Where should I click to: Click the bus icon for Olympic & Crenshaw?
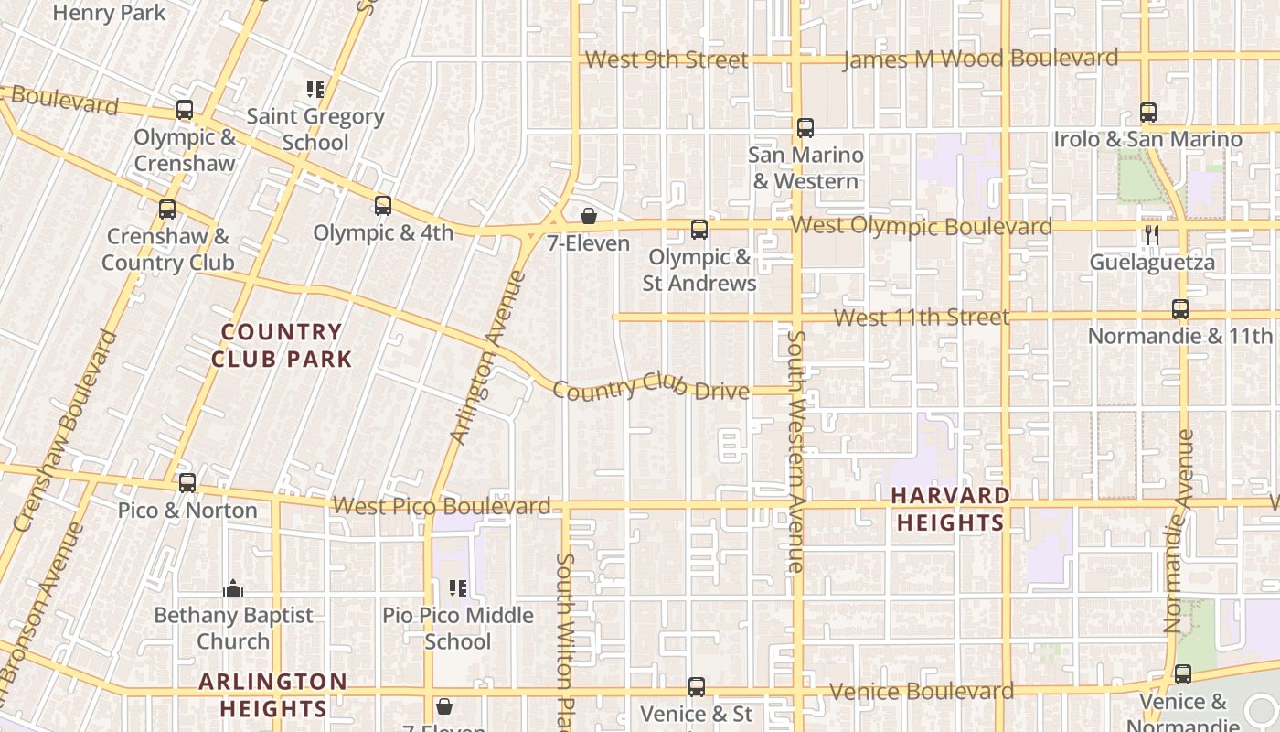185,111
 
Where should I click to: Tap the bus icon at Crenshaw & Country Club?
167,210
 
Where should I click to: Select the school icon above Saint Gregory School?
315,90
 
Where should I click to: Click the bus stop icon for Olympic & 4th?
383,206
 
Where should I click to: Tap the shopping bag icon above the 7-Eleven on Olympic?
589,217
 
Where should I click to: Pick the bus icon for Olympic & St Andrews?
699,230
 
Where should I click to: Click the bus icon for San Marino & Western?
805,128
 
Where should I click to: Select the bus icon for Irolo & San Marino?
1148,113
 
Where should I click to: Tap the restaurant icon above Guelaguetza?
1151,235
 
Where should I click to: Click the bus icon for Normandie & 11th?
1180,309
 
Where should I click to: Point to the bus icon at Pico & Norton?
187,482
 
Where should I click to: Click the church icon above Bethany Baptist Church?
233,588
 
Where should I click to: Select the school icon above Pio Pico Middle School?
458,588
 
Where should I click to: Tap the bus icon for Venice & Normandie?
1183,674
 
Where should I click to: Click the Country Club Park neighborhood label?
282,346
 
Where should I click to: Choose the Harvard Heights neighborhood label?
951,509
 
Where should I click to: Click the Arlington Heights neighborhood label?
272,694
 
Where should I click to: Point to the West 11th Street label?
922,318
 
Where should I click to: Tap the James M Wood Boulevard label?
979,59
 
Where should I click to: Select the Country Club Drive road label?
651,387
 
